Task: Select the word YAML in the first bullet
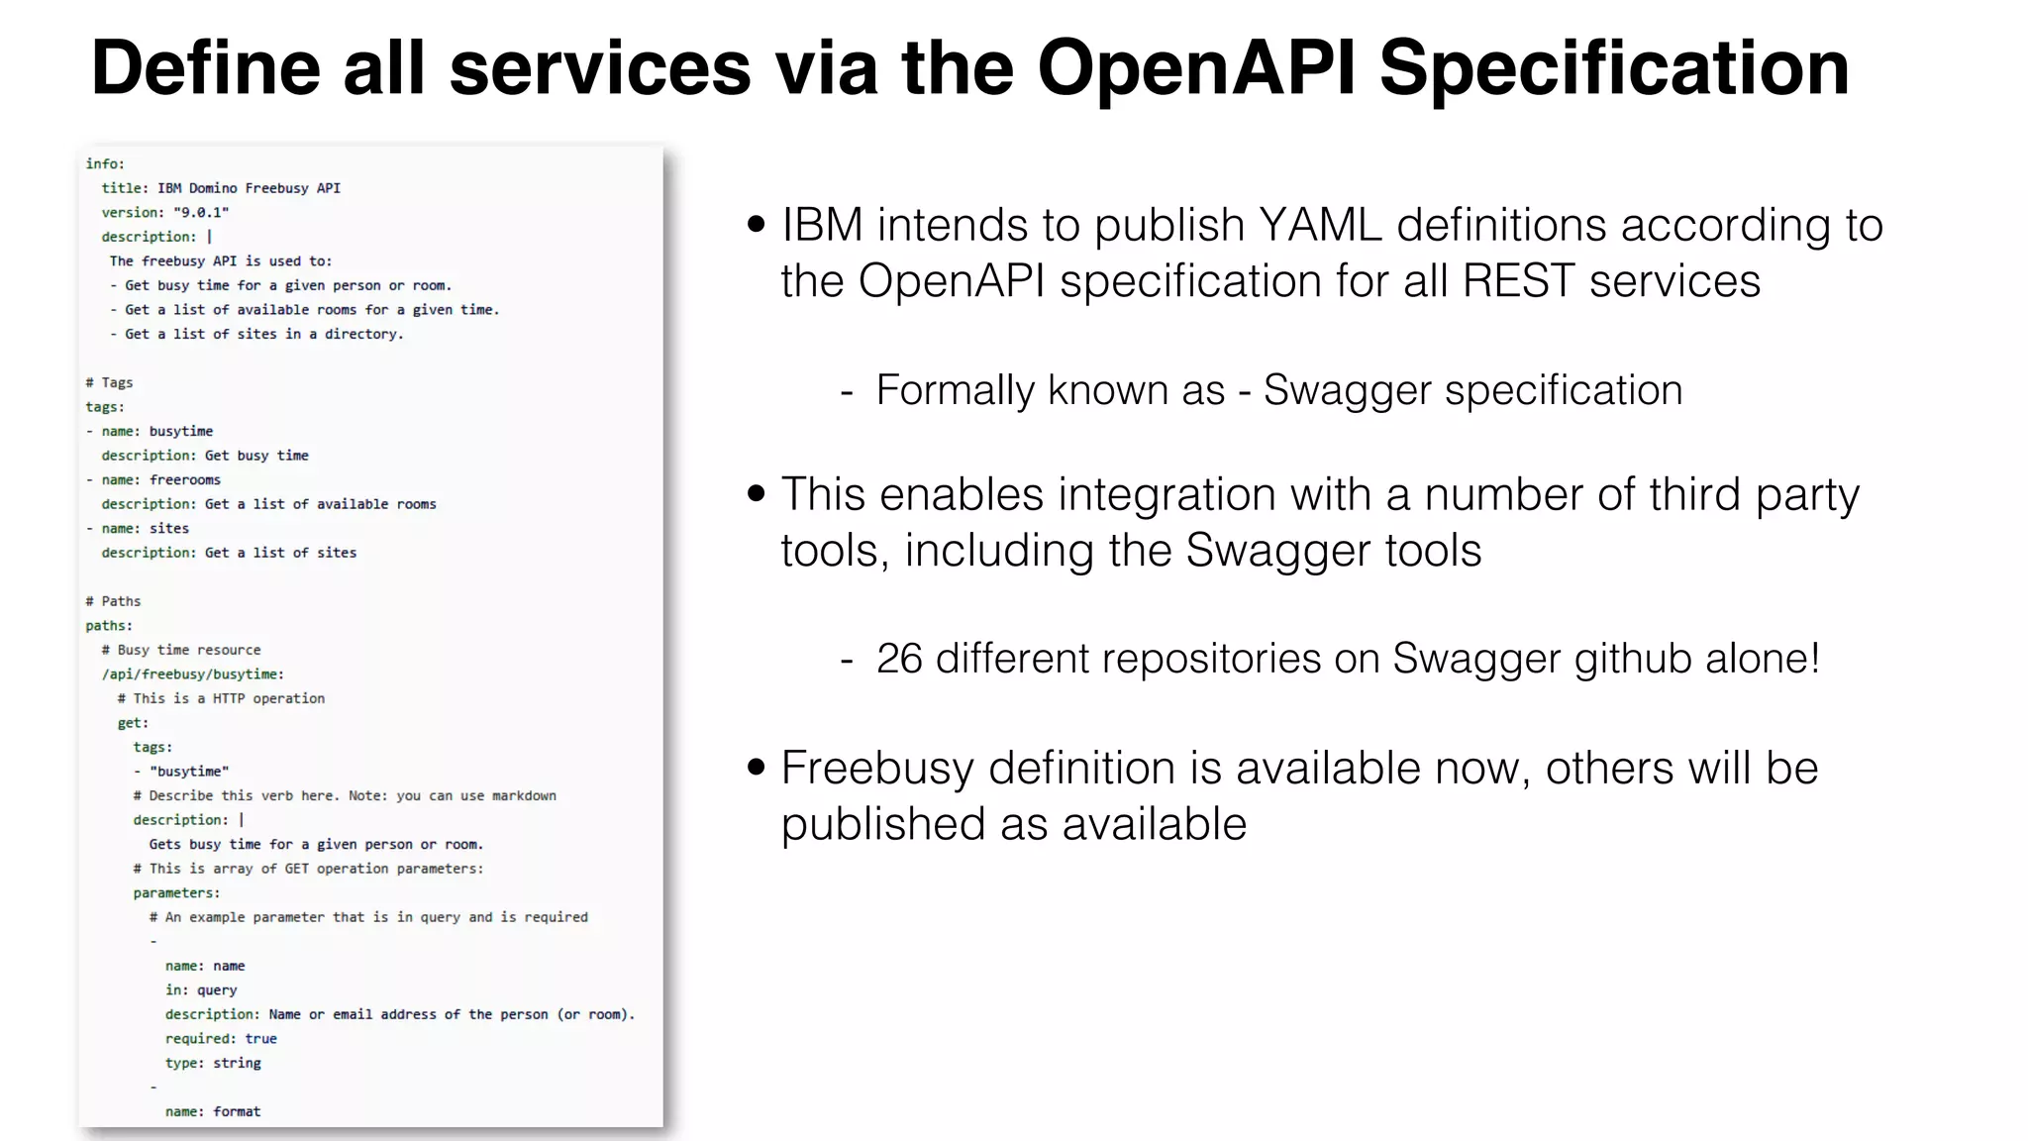pyautogui.click(x=1320, y=225)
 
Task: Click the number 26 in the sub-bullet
pyautogui.click(x=899, y=659)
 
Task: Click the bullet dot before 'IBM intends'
pyautogui.click(x=757, y=225)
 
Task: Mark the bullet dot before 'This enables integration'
pyautogui.click(x=757, y=493)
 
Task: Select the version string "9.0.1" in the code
pyautogui.click(x=201, y=212)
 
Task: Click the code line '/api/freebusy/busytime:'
pyautogui.click(x=192, y=674)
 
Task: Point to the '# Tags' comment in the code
pyautogui.click(x=109, y=382)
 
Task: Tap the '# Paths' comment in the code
pyautogui.click(x=113, y=601)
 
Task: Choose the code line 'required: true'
pyautogui.click(x=221, y=1039)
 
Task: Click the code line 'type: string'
pyautogui.click(x=213, y=1063)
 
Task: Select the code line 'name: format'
pyautogui.click(x=213, y=1111)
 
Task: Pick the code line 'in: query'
pyautogui.click(x=201, y=990)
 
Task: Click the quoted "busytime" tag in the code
pyautogui.click(x=189, y=772)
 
